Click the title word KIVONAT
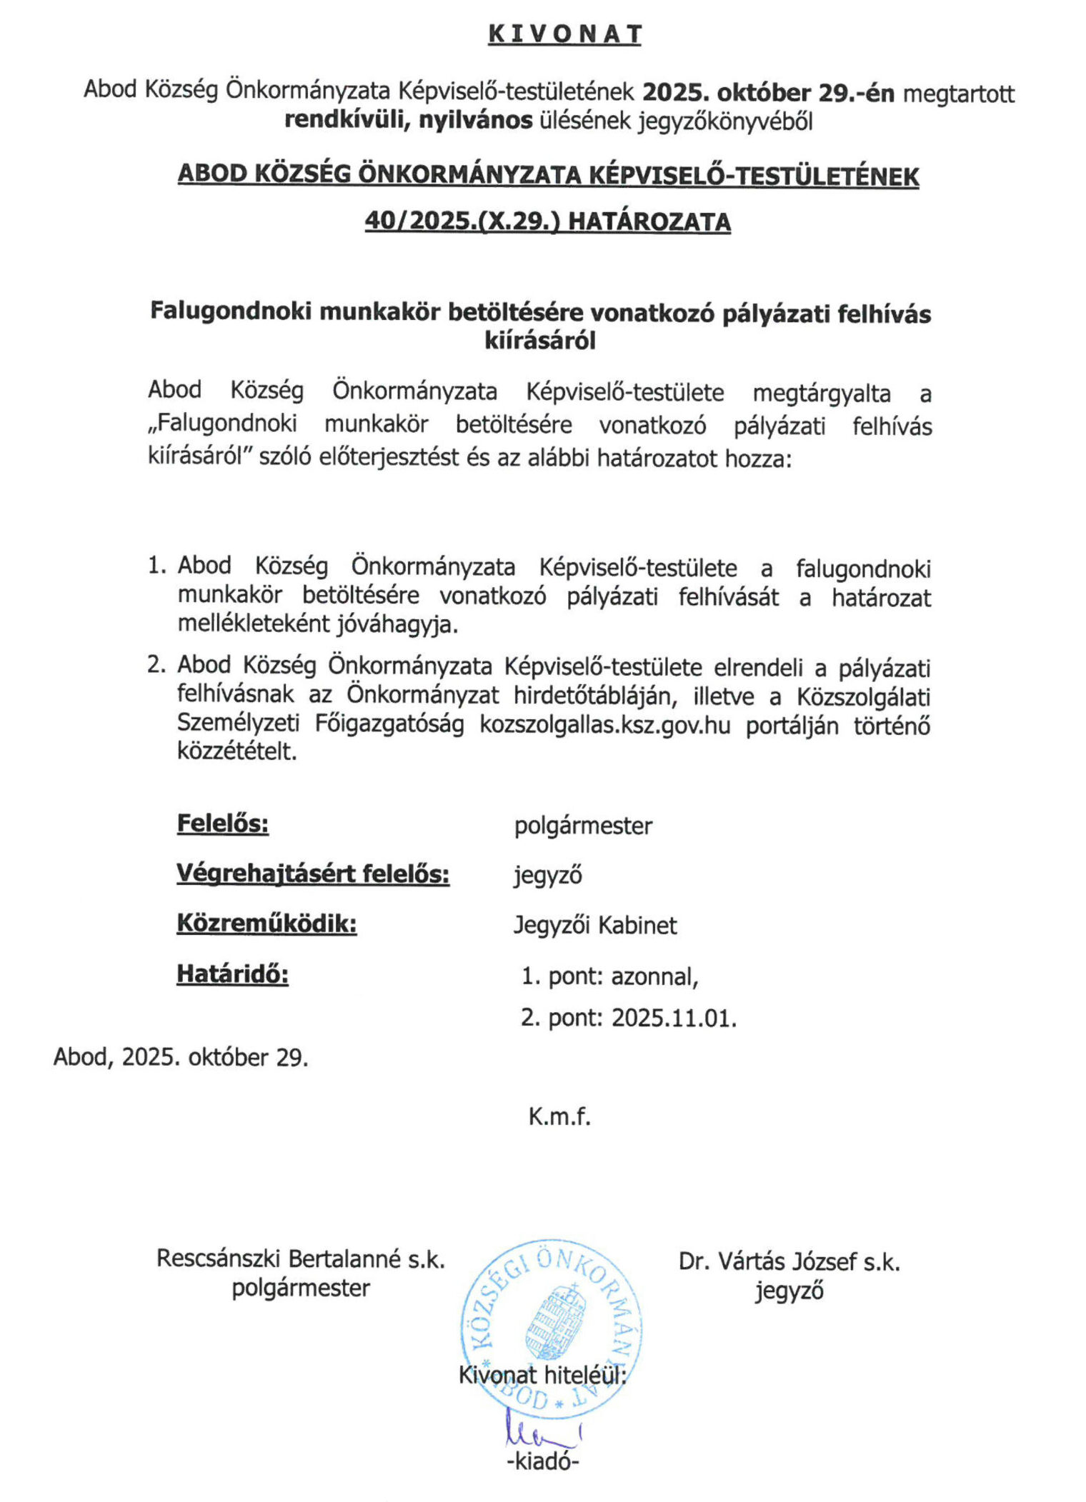click(564, 34)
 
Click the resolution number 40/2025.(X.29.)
click(462, 221)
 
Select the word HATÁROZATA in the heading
click(649, 221)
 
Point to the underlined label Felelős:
click(223, 823)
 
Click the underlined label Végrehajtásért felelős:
click(313, 873)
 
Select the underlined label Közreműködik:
click(266, 923)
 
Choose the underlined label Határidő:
click(233, 973)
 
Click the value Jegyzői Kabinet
click(595, 926)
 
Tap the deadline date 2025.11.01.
click(674, 1018)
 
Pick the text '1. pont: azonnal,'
click(609, 976)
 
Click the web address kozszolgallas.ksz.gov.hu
click(605, 725)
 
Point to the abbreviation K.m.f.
click(559, 1116)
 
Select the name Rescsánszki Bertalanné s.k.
click(301, 1259)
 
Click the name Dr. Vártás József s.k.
click(789, 1262)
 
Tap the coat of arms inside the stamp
click(554, 1321)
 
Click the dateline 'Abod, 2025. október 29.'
click(181, 1057)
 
